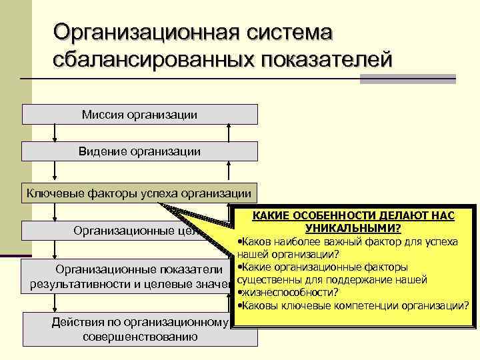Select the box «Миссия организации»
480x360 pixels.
[140, 115]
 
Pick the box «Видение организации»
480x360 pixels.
[140, 151]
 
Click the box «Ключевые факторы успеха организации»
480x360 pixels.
[139, 193]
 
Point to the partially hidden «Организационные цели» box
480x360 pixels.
[127, 231]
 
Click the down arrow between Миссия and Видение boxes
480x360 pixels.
[53, 133]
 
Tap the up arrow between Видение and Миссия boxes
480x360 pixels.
[229, 133]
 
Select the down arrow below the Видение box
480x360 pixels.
[53, 171]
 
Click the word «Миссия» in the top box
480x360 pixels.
[99, 115]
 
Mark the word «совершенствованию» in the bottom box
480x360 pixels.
[140, 335]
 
